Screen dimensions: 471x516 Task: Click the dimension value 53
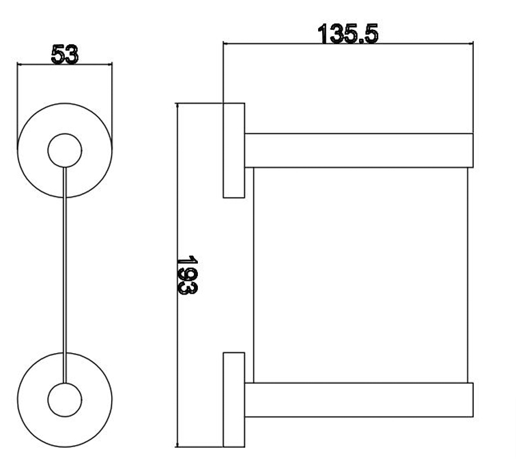tap(64, 54)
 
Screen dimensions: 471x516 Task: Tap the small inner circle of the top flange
tap(65, 149)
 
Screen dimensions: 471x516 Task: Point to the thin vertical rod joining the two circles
tap(65, 273)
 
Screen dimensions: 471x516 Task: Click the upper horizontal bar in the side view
tap(358, 150)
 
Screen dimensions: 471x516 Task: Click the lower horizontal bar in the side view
tap(358, 400)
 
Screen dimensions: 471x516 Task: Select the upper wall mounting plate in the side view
tap(234, 150)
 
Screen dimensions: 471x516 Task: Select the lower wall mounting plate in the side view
tap(234, 400)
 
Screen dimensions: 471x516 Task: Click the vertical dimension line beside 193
tap(177, 341)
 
